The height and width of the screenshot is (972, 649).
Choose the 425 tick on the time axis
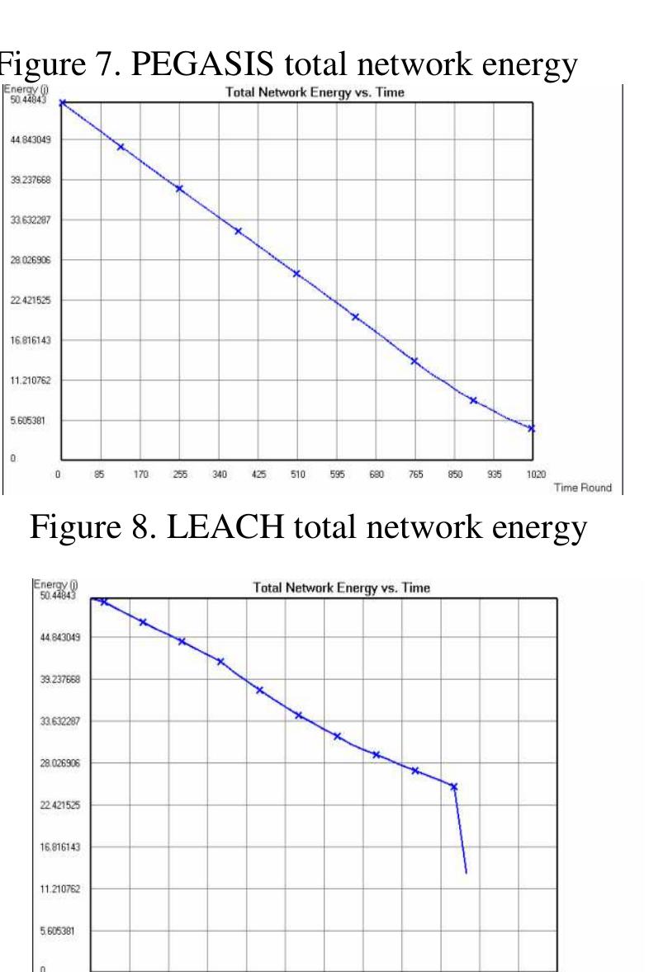(x=258, y=474)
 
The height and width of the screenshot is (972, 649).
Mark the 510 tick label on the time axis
(x=298, y=474)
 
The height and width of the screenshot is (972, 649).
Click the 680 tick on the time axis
(x=377, y=474)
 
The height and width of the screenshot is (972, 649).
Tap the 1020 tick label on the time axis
(x=533, y=474)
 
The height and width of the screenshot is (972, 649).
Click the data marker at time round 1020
(x=532, y=428)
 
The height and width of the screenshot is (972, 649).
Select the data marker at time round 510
(x=296, y=274)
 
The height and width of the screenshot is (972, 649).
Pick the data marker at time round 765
(x=415, y=361)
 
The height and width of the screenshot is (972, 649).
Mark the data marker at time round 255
(x=179, y=189)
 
